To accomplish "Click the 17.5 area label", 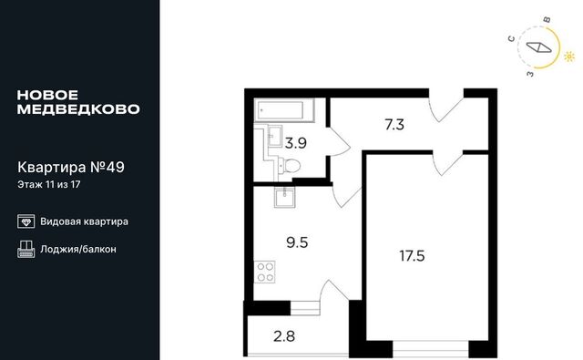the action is click(x=412, y=256).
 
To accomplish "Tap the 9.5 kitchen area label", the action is click(x=297, y=242).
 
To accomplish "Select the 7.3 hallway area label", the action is click(x=394, y=125).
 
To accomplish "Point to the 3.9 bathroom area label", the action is click(x=295, y=143).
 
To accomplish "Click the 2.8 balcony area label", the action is click(x=284, y=336).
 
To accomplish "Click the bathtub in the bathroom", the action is click(x=284, y=110).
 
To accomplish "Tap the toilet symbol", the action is click(x=289, y=166).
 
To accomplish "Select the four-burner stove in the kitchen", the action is click(x=265, y=272).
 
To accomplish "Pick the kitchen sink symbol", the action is click(x=285, y=197).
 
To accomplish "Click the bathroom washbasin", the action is click(x=275, y=136).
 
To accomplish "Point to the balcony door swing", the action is click(x=334, y=293).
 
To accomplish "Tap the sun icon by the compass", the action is click(x=569, y=57).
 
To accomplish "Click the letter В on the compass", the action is click(x=547, y=20).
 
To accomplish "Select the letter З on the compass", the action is click(x=530, y=74).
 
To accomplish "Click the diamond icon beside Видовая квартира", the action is click(x=26, y=221).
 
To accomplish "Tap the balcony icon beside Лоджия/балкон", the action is click(x=26, y=249).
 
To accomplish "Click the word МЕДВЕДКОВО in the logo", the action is click(x=78, y=109).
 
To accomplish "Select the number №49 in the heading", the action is click(x=107, y=168).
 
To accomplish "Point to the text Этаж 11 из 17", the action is click(x=49, y=184).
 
